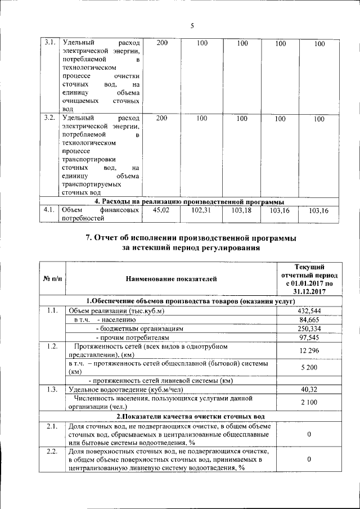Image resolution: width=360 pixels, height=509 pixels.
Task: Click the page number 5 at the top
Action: [x=191, y=26]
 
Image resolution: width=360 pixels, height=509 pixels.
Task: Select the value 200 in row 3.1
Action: [x=161, y=43]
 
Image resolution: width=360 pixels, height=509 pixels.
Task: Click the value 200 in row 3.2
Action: [x=161, y=118]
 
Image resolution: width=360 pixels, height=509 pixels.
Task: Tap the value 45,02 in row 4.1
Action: [x=161, y=210]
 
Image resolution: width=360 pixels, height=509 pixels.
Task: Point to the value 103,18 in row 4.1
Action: [x=241, y=210]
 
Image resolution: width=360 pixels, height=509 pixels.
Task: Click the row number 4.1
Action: [x=48, y=210]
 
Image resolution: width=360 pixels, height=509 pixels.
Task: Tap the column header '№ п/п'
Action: [x=52, y=279]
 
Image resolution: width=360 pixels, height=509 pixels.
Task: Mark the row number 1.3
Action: [x=52, y=389]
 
